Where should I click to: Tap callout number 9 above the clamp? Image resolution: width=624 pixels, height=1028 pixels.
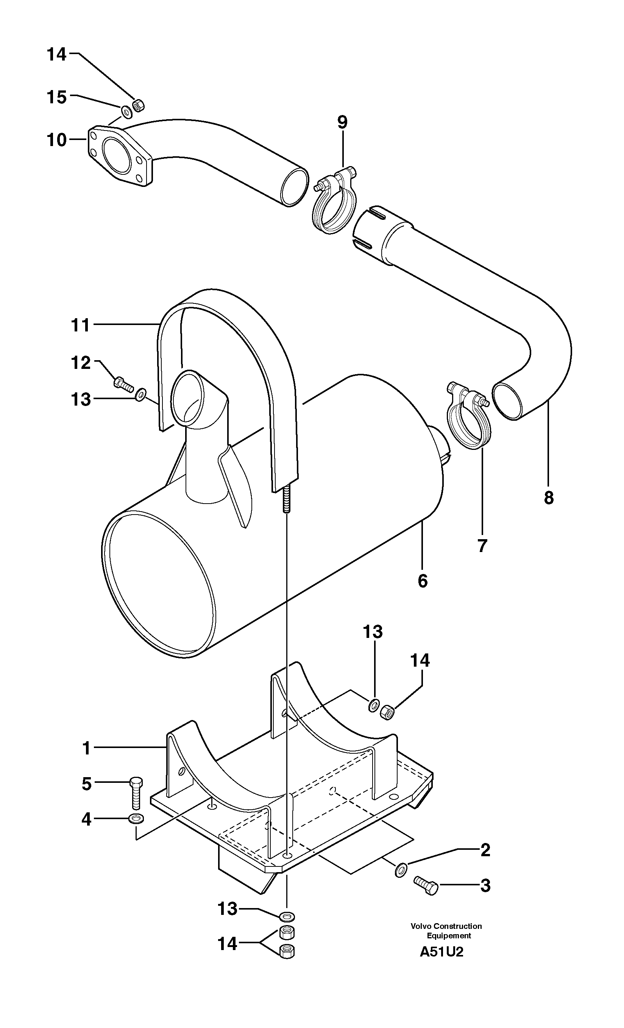coord(342,122)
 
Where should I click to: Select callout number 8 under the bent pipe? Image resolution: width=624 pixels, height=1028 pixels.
coord(548,497)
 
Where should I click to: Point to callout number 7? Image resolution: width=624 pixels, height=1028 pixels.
coord(482,546)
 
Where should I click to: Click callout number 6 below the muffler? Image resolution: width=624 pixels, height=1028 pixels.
coord(423,581)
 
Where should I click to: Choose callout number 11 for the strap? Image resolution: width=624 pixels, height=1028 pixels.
coord(80,325)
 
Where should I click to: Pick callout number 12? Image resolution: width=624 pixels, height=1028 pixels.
coord(81,363)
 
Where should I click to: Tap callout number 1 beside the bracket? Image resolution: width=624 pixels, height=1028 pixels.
coord(86,748)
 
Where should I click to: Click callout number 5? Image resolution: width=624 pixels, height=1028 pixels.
coord(86,784)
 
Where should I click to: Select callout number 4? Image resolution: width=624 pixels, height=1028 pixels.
coord(86,820)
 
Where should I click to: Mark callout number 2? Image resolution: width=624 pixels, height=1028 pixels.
coord(485,850)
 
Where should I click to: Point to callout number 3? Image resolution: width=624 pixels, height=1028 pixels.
coord(485,885)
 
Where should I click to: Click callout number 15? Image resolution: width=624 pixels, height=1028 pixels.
coord(57,97)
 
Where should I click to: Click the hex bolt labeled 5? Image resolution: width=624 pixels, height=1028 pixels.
coord(136,792)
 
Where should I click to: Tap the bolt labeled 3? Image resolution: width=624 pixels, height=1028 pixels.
coord(426,885)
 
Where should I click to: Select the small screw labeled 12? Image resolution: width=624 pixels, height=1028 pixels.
coord(123,383)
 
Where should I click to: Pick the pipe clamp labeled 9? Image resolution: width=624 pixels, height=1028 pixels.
coord(334,200)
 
